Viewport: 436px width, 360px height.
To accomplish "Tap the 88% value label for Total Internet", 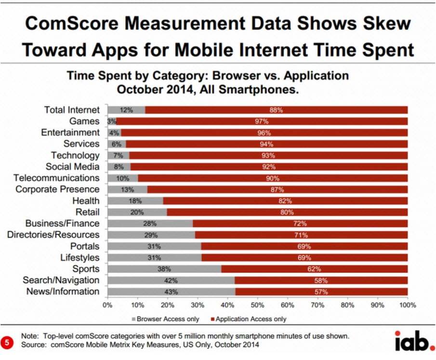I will [x=276, y=110].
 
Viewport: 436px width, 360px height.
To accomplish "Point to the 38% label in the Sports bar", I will [x=164, y=269].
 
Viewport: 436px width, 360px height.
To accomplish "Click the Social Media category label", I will [x=72, y=167].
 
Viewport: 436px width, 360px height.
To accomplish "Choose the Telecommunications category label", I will [x=56, y=178].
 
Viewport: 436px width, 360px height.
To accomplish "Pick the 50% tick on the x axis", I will [x=258, y=306].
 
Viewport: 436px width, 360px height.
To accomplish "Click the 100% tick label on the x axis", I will [x=408, y=306].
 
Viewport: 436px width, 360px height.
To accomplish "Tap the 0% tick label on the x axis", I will [x=108, y=306].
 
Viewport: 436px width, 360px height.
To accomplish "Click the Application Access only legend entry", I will [x=248, y=319].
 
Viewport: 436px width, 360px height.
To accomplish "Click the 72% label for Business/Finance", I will [x=301, y=224].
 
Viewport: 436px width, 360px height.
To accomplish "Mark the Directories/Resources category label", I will [x=53, y=235].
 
